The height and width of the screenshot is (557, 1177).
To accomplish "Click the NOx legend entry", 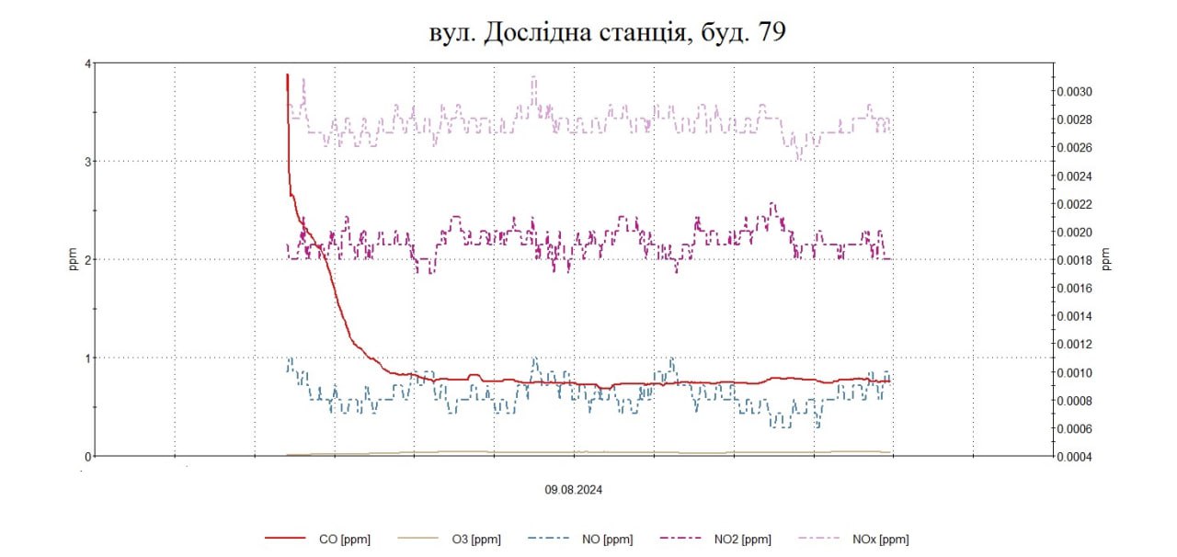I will [x=881, y=540].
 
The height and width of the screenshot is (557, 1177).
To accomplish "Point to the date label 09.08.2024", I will [x=574, y=490].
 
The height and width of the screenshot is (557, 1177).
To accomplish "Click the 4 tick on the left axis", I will [x=87, y=63].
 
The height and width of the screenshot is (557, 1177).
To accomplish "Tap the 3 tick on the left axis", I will [x=87, y=162].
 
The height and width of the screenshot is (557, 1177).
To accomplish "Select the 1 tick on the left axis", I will [x=87, y=358].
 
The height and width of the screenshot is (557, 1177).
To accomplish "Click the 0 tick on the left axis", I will [x=87, y=456].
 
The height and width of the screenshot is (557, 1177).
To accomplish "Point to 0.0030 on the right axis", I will [x=1072, y=91].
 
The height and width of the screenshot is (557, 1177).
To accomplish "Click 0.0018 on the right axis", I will [x=1072, y=260].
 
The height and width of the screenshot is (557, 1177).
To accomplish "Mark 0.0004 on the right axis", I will [x=1072, y=457].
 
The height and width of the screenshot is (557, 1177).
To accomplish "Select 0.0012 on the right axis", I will [x=1072, y=344].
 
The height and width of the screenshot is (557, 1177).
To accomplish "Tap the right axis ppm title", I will [x=1106, y=260].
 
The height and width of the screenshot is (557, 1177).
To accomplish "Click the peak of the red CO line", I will [x=287, y=74].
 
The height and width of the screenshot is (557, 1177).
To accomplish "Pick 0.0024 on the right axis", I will [x=1072, y=176].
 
